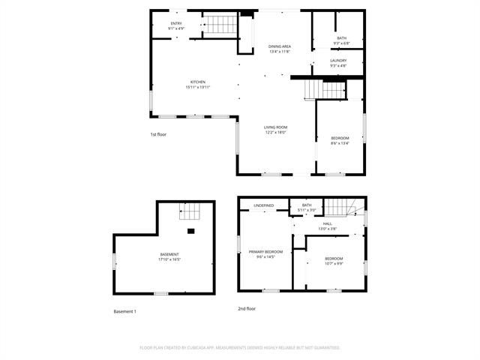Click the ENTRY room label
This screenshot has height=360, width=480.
[176, 23]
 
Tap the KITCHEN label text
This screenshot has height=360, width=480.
[197, 82]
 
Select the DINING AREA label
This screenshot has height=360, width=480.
[280, 46]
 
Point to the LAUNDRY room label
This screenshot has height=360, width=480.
[338, 60]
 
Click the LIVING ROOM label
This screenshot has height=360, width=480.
[275, 127]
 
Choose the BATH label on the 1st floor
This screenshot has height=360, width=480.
[341, 38]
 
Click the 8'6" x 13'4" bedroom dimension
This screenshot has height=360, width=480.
[340, 143]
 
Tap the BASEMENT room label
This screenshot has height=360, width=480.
[169, 254]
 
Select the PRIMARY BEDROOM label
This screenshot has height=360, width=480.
[266, 251]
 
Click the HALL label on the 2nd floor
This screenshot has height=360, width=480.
[327, 223]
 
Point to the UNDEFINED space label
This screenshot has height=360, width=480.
[263, 205]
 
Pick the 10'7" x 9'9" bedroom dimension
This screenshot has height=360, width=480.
[334, 263]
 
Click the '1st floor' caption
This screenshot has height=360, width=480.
[158, 134]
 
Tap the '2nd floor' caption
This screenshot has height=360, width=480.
[247, 308]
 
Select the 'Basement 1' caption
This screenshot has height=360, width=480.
[124, 311]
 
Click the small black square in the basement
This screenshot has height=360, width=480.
[191, 231]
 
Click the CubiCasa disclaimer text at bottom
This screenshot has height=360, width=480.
[240, 348]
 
